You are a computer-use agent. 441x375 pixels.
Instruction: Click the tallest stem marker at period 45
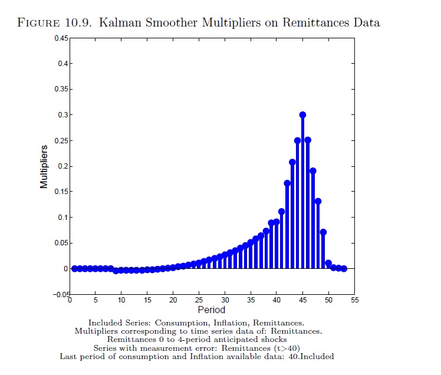pos(302,115)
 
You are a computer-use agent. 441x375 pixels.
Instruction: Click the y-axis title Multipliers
pos(44,167)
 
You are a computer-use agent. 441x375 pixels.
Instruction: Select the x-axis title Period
pos(211,310)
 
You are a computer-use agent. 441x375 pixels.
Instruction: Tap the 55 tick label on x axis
pos(354,300)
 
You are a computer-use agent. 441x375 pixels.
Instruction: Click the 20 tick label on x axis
pos(173,300)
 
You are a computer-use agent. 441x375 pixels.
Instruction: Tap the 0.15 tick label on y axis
pos(61,192)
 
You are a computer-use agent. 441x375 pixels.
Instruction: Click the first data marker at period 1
pos(74,268)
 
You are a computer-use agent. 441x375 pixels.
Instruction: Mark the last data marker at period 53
pos(344,268)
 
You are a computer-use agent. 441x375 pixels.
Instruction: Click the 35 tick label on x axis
pos(251,300)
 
